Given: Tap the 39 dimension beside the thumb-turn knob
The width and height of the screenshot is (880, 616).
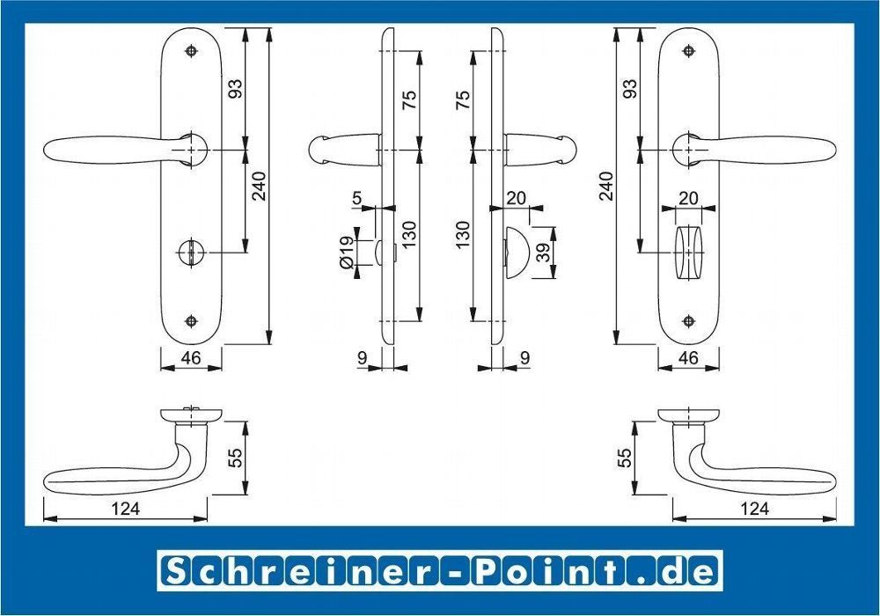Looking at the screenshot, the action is [543, 253].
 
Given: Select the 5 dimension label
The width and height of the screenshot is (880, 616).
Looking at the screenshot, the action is [357, 198].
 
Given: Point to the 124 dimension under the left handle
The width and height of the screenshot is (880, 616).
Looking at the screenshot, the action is [126, 509].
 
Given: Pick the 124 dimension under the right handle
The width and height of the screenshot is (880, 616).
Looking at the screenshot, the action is [754, 509].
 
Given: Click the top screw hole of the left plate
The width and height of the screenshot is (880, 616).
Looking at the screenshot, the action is [192, 50].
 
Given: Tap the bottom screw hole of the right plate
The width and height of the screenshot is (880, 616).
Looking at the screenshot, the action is [689, 321].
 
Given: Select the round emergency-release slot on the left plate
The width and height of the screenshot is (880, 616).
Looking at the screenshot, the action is [192, 253].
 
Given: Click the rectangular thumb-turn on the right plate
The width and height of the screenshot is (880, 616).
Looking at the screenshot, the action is [689, 253].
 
